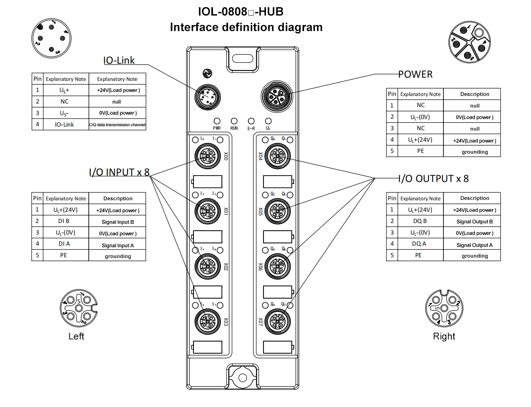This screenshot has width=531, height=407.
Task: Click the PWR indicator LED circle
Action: (217, 121)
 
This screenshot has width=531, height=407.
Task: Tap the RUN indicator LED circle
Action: (234, 121)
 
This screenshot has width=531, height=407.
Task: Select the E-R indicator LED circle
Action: (251, 121)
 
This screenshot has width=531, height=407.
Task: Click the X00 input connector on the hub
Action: (208, 156)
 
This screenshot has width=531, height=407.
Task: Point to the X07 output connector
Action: (278, 322)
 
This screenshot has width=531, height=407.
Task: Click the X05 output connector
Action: (278, 211)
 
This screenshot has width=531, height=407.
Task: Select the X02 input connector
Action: (208, 266)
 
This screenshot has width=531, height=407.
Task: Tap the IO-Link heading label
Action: (119, 61)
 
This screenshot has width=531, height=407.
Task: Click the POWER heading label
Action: (415, 74)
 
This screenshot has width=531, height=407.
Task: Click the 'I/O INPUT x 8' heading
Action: (119, 172)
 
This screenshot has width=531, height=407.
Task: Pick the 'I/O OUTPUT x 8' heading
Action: (433, 179)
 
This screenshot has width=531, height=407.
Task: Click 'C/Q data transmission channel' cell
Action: (117, 125)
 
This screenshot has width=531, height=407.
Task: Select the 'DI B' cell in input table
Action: (64, 221)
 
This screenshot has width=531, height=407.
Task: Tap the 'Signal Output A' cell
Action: (474, 245)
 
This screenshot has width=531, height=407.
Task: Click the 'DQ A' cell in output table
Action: (419, 244)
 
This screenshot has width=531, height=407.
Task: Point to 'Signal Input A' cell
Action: (117, 245)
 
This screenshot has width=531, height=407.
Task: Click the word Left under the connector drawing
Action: (76, 337)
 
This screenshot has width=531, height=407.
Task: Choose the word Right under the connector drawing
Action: (444, 337)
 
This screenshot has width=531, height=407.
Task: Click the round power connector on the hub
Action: (277, 96)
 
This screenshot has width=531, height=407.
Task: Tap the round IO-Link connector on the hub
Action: (208, 97)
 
